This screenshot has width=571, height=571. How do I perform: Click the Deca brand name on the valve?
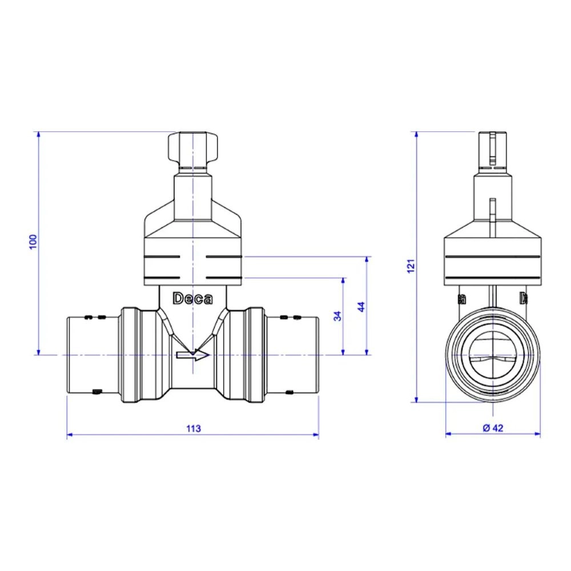pyautogui.click(x=192, y=299)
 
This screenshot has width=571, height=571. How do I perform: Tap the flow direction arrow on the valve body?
pyautogui.click(x=193, y=355)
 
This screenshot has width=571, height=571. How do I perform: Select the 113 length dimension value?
pyautogui.click(x=194, y=429)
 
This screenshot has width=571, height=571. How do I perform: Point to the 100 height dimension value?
pyautogui.click(x=33, y=242)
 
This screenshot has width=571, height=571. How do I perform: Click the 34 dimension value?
pyautogui.click(x=338, y=316)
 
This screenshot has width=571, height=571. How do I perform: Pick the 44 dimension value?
pyautogui.click(x=361, y=307)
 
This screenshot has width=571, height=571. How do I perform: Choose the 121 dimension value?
pyautogui.click(x=411, y=266)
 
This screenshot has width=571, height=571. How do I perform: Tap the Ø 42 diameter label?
pyautogui.click(x=493, y=428)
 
